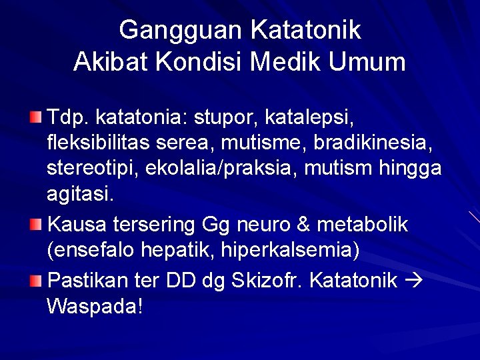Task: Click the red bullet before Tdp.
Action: pyautogui.click(x=35, y=118)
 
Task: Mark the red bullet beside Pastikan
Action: pyautogui.click(x=35, y=279)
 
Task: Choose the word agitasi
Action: pyautogui.click(x=80, y=194)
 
